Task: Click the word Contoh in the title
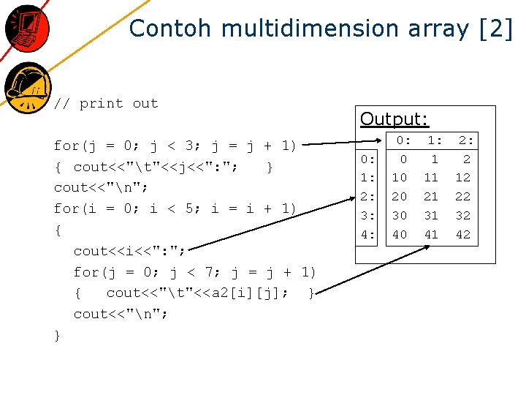tap(170, 29)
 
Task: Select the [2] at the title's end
tap(496, 29)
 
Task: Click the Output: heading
tap(394, 118)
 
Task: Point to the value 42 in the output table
tap(463, 235)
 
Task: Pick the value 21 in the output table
tap(431, 197)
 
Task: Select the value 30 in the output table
tap(399, 216)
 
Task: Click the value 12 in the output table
tap(463, 178)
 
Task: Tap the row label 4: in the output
tap(368, 235)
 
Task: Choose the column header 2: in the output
tap(465, 140)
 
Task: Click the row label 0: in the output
tap(368, 159)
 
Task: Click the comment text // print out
tap(107, 103)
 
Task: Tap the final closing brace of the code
tap(58, 335)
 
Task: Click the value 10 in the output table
tap(399, 178)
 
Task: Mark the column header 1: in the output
tap(434, 140)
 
